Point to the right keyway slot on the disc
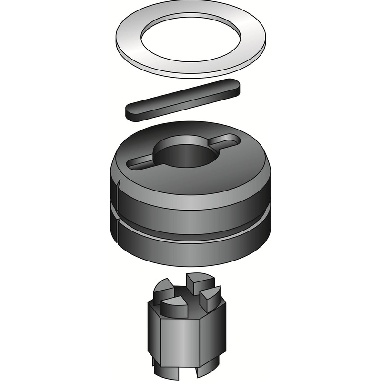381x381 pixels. pyautogui.click(x=229, y=141)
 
